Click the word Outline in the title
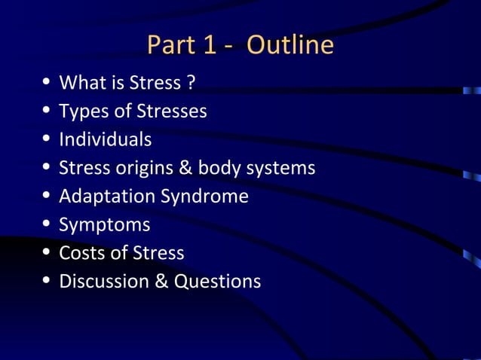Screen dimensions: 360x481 point(290,46)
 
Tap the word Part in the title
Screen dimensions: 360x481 point(170,46)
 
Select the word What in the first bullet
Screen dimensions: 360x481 point(82,82)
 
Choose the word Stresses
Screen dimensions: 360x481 point(171,111)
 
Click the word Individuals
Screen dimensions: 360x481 point(105,139)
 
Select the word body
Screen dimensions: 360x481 point(219,168)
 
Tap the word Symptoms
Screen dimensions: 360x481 point(104,224)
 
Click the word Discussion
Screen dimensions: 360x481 point(105,281)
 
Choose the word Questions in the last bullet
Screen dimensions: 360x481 point(218,281)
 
